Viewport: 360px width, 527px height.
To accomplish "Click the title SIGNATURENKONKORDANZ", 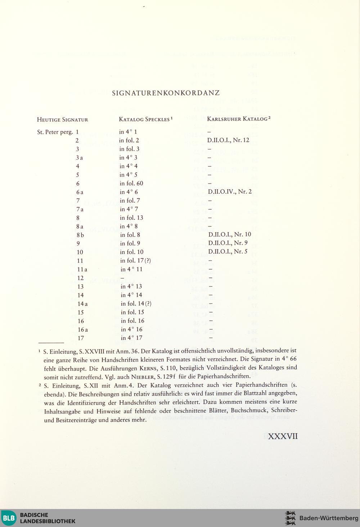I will pyautogui.click(x=166, y=93).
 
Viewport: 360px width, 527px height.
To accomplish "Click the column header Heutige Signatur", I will pyautogui.click(x=63, y=120).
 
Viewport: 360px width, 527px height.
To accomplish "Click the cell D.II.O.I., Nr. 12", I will pyautogui.click(x=228, y=140).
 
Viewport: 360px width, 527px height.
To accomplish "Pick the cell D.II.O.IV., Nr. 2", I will pyautogui.click(x=230, y=192).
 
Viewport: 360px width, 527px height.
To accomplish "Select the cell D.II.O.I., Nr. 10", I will pyautogui.click(x=230, y=234).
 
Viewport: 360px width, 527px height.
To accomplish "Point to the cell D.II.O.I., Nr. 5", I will pyautogui.click(x=228, y=252).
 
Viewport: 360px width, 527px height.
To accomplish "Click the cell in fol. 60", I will pyautogui.click(x=131, y=183).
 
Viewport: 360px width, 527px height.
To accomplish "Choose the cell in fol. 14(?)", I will pyautogui.click(x=136, y=303).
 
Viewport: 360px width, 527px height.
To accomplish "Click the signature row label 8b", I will pyautogui.click(x=80, y=235).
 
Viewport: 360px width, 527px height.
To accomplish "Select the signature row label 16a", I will pyautogui.click(x=83, y=329).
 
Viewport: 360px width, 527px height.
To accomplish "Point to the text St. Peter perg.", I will pyautogui.click(x=55, y=132).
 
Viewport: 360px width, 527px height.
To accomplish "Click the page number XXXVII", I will pyautogui.click(x=283, y=436).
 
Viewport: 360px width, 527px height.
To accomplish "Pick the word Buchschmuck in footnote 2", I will pyautogui.click(x=249, y=410).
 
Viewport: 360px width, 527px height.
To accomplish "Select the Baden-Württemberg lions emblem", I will pyautogui.click(x=290, y=518).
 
